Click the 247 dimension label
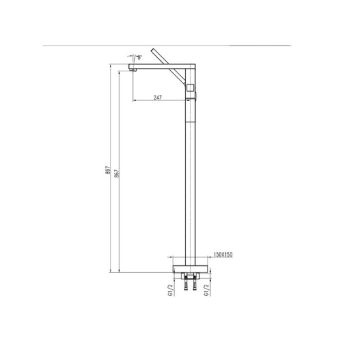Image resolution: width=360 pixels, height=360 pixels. coord(158,98)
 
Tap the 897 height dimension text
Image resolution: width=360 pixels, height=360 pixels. coord(108,170)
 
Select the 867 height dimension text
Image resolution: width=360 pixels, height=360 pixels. coord(117,173)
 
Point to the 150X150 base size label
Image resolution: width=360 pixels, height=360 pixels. coord(223,255)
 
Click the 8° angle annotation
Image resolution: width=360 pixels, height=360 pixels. coord(139,57)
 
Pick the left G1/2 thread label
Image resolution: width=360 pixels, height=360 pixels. coord(170,290)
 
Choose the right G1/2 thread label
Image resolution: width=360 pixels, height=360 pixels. coord(207,290)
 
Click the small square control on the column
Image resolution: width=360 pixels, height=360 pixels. coord(190,88)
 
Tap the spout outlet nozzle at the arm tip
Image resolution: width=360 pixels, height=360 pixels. coord(133,70)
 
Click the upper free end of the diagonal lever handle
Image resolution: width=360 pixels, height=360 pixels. coord(153,50)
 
